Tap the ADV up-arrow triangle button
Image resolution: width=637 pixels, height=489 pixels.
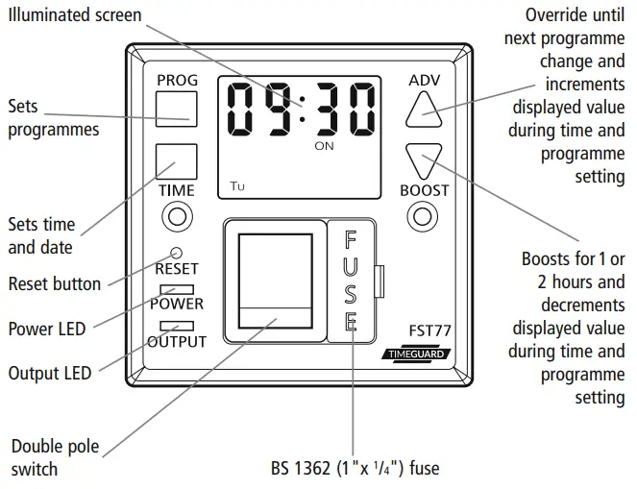click(424, 110)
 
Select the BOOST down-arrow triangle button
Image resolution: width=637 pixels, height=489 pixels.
click(424, 160)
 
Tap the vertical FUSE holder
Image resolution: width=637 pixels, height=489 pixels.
click(351, 280)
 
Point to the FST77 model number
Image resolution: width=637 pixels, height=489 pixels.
click(429, 330)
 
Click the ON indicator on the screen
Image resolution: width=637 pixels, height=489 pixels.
click(324, 147)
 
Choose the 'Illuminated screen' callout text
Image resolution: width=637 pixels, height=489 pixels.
click(74, 15)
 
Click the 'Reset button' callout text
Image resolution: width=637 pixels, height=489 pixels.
click(54, 284)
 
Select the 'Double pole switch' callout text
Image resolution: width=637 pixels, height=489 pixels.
click(55, 458)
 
